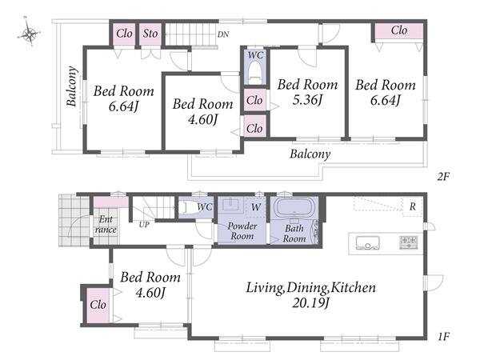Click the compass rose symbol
coord(29,33)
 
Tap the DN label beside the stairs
coord(223,34)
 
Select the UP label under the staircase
coord(144,225)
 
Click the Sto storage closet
coord(150,34)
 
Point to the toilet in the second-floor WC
coord(255,72)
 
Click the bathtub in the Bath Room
coord(294,207)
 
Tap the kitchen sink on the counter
coord(368,242)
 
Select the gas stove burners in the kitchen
coord(409,242)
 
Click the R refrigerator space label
coord(412,206)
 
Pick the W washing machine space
coord(256,207)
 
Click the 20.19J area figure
coord(310,303)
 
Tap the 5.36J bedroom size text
coord(307,99)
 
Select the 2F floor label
coord(443,177)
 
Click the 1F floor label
coord(443,337)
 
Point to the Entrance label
coord(106,224)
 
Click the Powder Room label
coord(242,231)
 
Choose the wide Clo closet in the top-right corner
coord(399,30)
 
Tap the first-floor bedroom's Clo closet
coord(98,305)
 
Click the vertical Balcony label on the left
coord(71,86)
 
